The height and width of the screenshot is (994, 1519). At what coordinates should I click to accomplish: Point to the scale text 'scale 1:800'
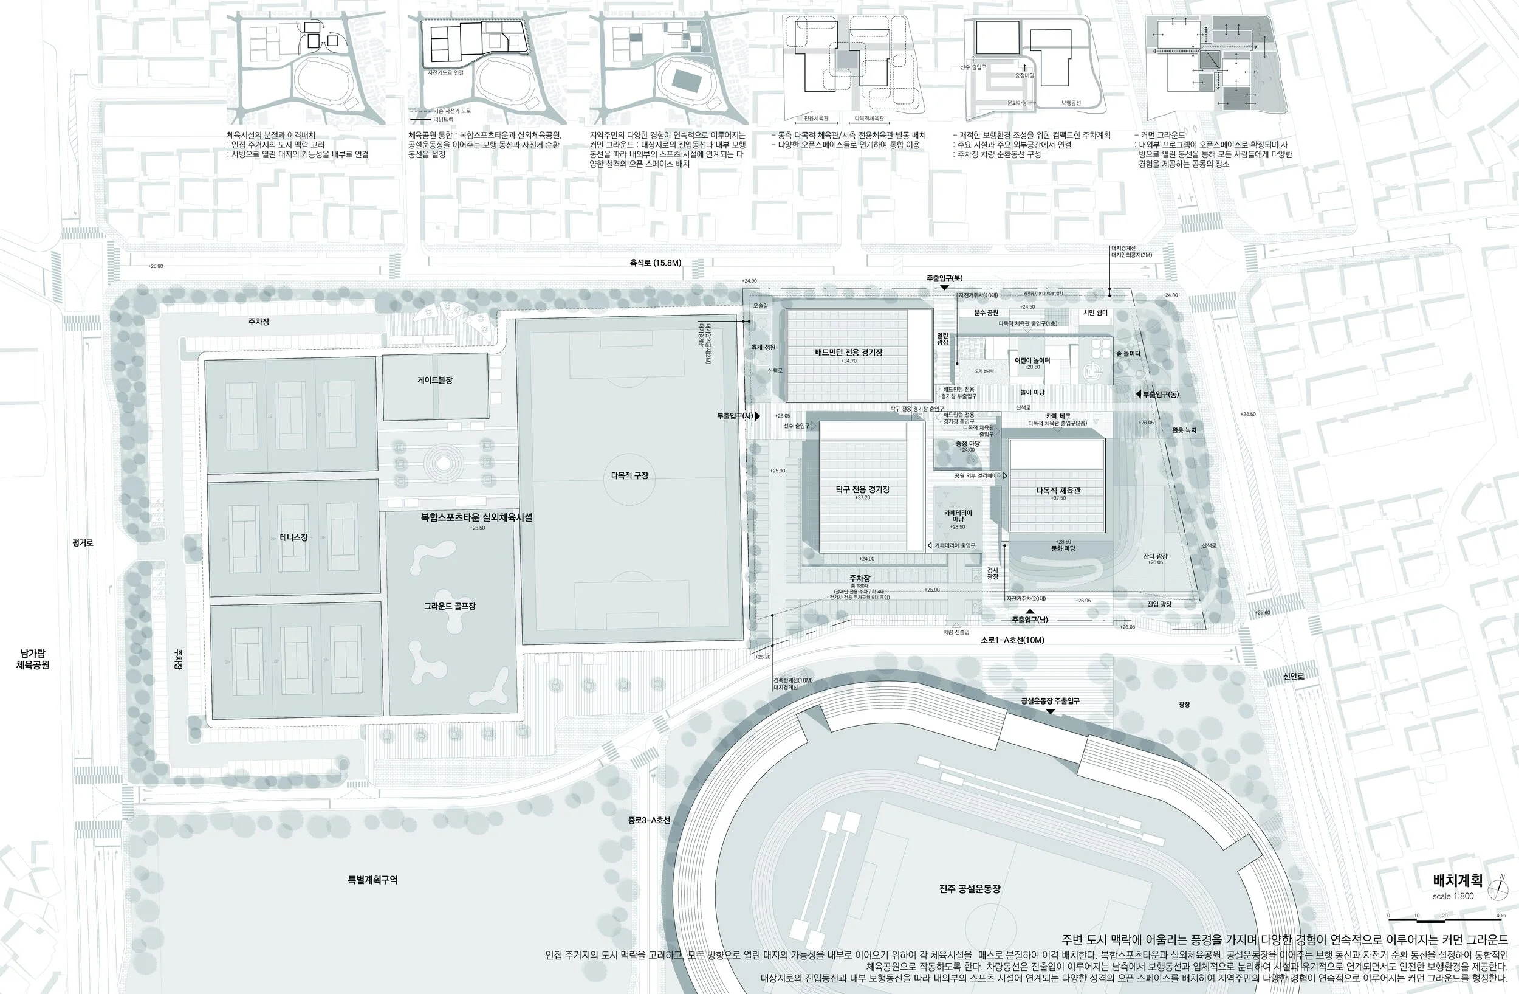pos(1453,896)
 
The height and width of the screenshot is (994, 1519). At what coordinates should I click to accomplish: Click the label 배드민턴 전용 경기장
pos(848,352)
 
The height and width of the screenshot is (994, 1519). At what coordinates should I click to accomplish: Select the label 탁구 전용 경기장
pos(862,489)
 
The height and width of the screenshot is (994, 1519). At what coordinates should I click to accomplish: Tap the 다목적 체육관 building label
pos(1058,491)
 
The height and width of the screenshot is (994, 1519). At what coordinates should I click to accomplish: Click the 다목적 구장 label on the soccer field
pos(629,475)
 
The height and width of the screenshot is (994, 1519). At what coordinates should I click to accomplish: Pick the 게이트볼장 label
pos(434,380)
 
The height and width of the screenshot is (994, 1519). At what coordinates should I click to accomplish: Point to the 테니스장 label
pos(293,537)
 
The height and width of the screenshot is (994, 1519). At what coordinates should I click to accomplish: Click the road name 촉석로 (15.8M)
pos(655,263)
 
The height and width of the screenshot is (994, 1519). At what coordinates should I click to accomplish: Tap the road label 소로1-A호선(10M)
pos(1012,640)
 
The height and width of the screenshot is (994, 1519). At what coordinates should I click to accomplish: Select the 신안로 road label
pos(1293,676)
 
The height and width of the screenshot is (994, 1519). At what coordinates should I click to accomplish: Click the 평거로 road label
pos(83,543)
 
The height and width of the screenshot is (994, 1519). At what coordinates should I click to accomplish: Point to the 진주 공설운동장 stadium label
pos(970,889)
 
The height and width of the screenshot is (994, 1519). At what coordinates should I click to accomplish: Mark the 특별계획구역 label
pos(372,880)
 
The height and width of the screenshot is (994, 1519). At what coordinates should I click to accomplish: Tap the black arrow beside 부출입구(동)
pos(1138,395)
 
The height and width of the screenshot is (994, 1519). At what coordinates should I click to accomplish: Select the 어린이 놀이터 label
pos(1032,361)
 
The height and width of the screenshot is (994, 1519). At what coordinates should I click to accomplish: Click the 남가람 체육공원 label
pos(33,659)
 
